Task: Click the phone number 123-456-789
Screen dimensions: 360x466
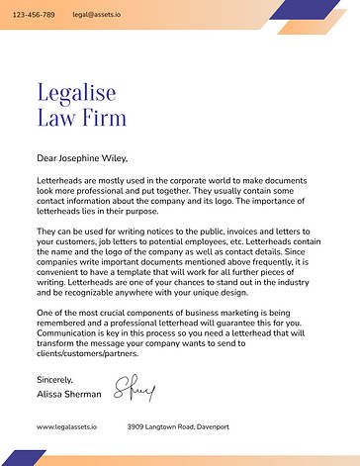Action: tap(34, 16)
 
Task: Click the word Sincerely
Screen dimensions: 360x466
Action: tap(54, 380)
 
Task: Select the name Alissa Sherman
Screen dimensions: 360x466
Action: tap(68, 394)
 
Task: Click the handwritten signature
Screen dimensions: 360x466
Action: tap(136, 387)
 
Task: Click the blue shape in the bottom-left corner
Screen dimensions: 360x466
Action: tap(25, 458)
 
